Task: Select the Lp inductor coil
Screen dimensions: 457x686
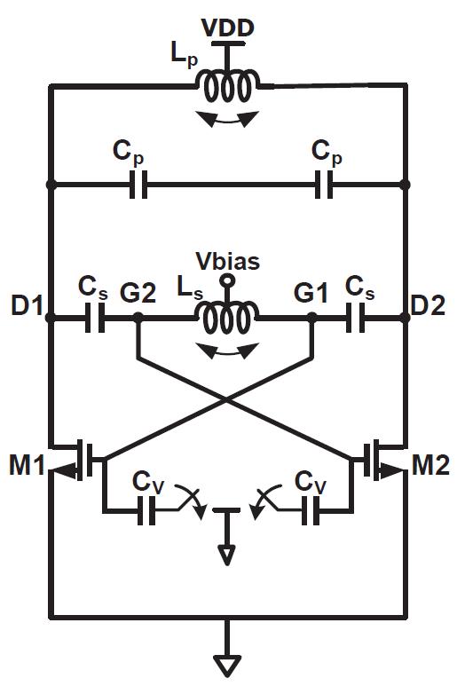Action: (227, 87)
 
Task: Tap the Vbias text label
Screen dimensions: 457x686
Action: (227, 261)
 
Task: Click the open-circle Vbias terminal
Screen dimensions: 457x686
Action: (227, 280)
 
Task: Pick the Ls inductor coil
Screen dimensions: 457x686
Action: (227, 316)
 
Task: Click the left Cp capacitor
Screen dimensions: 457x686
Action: (138, 185)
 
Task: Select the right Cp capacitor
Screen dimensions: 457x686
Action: (324, 185)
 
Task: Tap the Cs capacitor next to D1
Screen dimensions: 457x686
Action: (95, 318)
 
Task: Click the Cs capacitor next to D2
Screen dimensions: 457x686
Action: (355, 318)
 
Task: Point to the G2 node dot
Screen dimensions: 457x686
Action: (138, 318)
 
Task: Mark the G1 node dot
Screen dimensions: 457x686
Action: (311, 318)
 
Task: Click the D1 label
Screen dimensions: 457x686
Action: (28, 305)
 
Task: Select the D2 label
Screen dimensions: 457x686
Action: (428, 305)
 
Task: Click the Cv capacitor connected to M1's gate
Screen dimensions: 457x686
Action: (146, 510)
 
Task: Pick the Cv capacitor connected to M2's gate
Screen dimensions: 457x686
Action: (311, 510)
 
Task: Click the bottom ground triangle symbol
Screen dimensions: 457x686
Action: (227, 666)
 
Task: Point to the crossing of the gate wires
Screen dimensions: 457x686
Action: (226, 398)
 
